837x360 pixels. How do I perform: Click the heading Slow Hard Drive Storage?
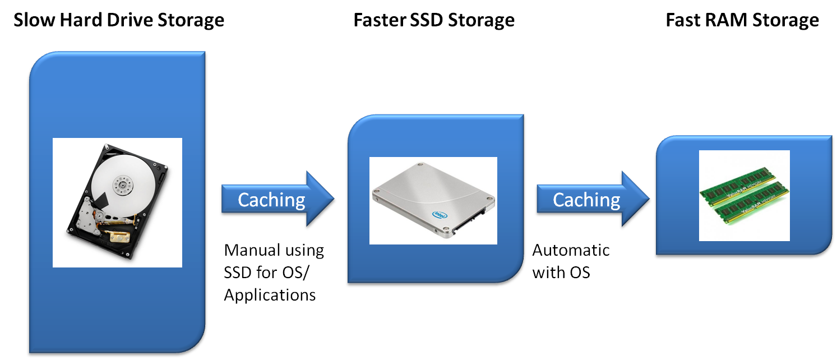coord(119,21)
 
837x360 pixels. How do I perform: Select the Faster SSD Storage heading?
coord(433,21)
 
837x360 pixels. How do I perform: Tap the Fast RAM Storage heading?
coord(742,21)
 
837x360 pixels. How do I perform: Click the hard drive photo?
coord(117,202)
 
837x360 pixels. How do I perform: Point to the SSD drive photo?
coord(433,200)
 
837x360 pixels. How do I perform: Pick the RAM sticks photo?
coord(744,195)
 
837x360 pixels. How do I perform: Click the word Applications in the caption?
coord(270,294)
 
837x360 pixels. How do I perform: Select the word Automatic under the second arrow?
coord(571,250)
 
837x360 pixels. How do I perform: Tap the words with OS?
coord(561,273)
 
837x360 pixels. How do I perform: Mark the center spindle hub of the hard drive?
coord(120,183)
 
